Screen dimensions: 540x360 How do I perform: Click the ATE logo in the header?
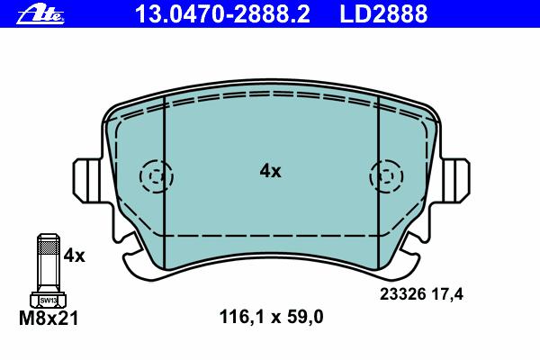click(x=40, y=16)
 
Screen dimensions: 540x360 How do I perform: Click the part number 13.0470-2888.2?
click(x=222, y=13)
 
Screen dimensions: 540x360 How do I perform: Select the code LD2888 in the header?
click(x=383, y=13)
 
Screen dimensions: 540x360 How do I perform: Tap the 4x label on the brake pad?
click(x=270, y=171)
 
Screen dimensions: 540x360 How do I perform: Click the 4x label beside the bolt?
click(x=74, y=256)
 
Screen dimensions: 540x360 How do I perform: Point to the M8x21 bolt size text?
click(x=49, y=318)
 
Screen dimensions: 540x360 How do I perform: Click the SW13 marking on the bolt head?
click(x=49, y=301)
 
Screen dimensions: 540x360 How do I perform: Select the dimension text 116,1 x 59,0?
click(x=272, y=317)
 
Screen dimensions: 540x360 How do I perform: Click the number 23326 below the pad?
click(x=403, y=294)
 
